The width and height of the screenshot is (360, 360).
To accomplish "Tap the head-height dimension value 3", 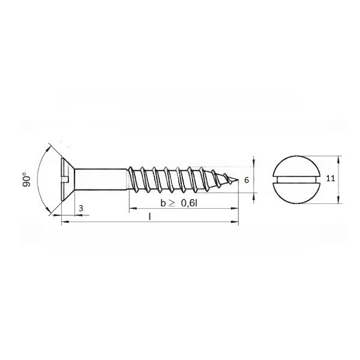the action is pyautogui.click(x=81, y=208).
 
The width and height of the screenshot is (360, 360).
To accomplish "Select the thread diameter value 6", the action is pyautogui.click(x=247, y=180).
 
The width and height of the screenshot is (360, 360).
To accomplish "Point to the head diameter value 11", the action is pyautogui.click(x=331, y=178).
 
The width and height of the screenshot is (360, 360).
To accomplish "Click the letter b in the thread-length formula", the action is pyautogui.click(x=163, y=203).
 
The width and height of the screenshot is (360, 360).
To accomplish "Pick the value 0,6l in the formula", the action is pyautogui.click(x=189, y=203).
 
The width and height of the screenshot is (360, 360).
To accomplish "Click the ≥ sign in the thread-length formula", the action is pyautogui.click(x=172, y=203).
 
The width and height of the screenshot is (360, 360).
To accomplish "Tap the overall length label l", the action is pyautogui.click(x=149, y=216).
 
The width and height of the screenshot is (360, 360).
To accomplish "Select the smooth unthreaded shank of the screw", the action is pyautogui.click(x=101, y=179).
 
